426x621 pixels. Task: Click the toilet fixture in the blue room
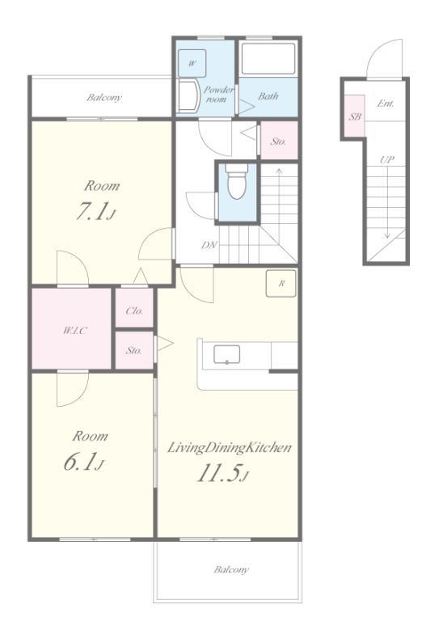click(x=237, y=181)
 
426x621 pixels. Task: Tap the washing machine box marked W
click(x=192, y=63)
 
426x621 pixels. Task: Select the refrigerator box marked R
click(x=281, y=283)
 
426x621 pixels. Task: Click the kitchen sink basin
click(x=226, y=354)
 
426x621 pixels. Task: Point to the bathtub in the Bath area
click(x=268, y=58)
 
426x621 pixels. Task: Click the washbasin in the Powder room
click(x=188, y=96)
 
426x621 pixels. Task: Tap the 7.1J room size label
click(x=95, y=213)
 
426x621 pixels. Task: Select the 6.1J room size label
click(x=83, y=463)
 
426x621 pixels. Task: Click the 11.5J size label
click(x=222, y=473)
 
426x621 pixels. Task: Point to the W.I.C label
click(x=75, y=330)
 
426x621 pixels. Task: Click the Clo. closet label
click(x=134, y=310)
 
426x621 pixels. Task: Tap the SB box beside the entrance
click(x=355, y=116)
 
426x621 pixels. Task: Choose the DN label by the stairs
click(x=209, y=245)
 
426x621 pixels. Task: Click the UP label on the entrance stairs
click(x=387, y=159)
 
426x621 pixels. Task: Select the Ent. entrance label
click(x=386, y=103)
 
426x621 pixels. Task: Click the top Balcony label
click(x=104, y=97)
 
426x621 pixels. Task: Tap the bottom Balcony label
click(x=231, y=569)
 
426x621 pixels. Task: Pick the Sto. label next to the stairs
click(x=278, y=142)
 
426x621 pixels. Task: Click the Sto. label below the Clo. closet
click(x=134, y=350)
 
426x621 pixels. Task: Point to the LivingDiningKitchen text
click(x=230, y=448)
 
